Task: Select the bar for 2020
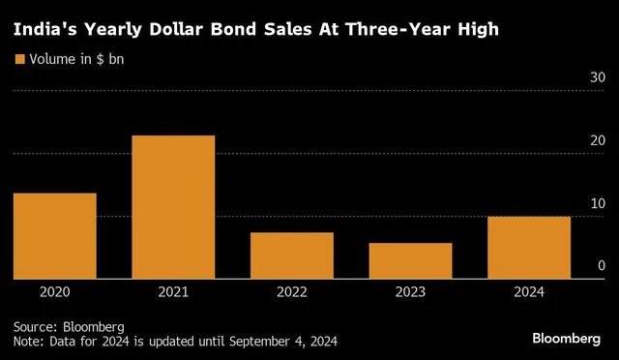54,236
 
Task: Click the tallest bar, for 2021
173,207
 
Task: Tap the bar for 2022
292,255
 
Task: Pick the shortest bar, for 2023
410,261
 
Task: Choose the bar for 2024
529,248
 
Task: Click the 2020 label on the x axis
54,291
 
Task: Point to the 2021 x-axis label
173,291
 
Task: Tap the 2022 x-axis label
292,291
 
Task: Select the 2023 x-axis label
410,291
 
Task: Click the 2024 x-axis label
529,291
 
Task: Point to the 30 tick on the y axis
597,77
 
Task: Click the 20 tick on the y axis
597,140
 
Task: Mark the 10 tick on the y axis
597,203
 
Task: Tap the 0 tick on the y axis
601,266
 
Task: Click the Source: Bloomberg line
69,327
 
